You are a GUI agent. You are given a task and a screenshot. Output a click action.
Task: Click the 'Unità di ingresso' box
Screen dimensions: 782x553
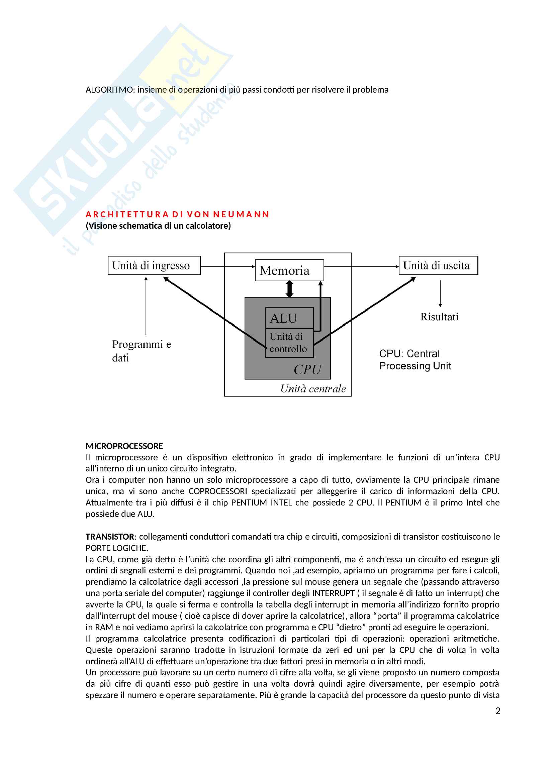(154, 265)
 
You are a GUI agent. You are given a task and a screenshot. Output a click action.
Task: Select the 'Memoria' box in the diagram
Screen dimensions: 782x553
(289, 270)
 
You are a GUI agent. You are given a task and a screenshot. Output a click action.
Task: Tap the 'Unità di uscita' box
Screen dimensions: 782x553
(438, 265)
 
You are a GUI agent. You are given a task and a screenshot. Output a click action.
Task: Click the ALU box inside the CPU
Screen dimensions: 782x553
(289, 318)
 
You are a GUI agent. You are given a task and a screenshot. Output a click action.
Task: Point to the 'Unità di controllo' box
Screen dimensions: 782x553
(289, 343)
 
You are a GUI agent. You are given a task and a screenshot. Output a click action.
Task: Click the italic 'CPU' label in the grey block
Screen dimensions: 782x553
(307, 369)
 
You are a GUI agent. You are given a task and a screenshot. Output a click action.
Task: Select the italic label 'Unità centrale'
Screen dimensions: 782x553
(313, 388)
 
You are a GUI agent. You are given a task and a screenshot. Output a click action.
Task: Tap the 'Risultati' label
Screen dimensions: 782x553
(439, 317)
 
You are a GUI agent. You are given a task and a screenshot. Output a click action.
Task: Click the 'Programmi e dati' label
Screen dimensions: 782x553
(141, 351)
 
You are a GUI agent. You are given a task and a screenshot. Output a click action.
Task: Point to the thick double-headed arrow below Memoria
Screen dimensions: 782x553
(289, 289)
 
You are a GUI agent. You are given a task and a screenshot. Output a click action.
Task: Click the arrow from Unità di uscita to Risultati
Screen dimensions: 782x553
(440, 294)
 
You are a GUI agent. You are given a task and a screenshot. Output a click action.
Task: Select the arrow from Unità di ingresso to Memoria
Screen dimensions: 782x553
(227, 266)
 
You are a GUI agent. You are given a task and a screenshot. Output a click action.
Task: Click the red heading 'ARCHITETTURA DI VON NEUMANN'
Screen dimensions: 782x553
(177, 214)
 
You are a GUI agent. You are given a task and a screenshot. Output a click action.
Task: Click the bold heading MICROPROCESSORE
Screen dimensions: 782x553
(124, 446)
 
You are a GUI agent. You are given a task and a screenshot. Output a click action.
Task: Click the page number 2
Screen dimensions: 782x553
(497, 711)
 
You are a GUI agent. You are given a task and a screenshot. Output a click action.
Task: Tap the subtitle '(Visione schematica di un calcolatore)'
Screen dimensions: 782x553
(158, 225)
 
